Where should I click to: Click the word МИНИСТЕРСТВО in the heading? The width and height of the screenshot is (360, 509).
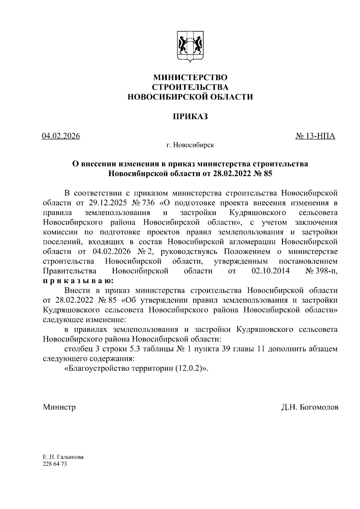pyautogui.click(x=190, y=77)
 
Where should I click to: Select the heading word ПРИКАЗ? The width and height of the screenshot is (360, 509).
pyautogui.click(x=190, y=116)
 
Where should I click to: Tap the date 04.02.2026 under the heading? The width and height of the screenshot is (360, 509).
pyautogui.click(x=61, y=136)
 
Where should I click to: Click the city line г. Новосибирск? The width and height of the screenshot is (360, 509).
pyautogui.click(x=190, y=145)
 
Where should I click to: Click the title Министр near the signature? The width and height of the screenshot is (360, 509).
pyautogui.click(x=59, y=407)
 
